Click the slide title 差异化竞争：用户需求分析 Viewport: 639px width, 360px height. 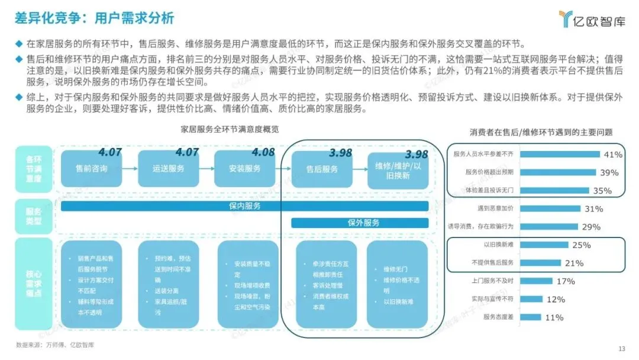pyautogui.click(x=95, y=18)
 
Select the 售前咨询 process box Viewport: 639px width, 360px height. pyautogui.click(x=92, y=169)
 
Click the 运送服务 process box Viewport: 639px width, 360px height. pyautogui.click(x=168, y=169)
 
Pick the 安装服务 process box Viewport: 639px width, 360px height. pyautogui.click(x=244, y=169)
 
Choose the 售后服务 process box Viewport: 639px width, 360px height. pyautogui.click(x=322, y=169)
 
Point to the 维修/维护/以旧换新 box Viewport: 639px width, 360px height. pyautogui.click(x=397, y=169)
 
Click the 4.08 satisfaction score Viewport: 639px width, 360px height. pyautogui.click(x=263, y=152)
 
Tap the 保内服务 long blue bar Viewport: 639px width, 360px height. pyautogui.click(x=244, y=206)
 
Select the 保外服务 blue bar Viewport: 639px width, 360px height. pyautogui.click(x=360, y=223)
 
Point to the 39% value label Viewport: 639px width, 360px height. pyautogui.click(x=609, y=173)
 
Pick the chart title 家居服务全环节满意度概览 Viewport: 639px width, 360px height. pyautogui.click(x=230, y=128)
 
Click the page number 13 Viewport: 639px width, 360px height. pyautogui.click(x=621, y=348)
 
